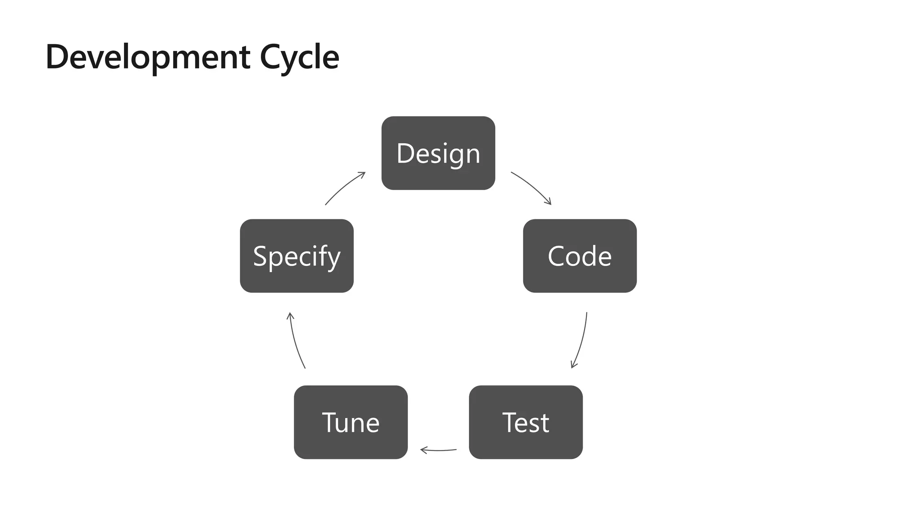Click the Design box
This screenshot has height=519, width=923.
click(438, 153)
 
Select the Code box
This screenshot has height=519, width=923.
click(580, 256)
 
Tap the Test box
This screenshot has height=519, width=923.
click(525, 422)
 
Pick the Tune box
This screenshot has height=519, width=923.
click(351, 422)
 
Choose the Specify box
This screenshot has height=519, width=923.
click(297, 256)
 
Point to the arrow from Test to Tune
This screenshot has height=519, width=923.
click(438, 450)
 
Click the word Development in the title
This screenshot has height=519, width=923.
click(148, 57)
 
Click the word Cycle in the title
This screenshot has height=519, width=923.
click(299, 57)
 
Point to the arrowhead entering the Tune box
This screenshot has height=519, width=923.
click(423, 450)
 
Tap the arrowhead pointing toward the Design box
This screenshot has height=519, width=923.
click(362, 174)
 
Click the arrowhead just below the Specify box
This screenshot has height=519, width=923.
click(290, 315)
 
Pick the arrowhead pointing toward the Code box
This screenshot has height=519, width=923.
click(548, 202)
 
